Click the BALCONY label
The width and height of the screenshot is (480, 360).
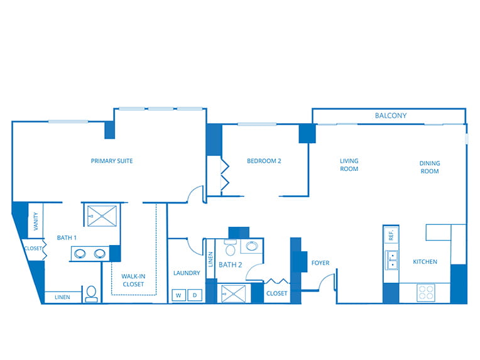tap(391, 116)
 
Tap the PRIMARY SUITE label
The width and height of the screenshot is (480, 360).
tap(112, 161)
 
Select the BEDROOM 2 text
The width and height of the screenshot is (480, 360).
tap(264, 161)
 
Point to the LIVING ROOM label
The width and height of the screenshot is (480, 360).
tap(349, 165)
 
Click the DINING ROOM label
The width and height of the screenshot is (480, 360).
tap(430, 167)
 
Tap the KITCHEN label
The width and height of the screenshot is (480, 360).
tap(425, 262)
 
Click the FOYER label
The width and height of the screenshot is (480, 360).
tap(320, 263)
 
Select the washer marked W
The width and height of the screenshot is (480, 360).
tap(178, 295)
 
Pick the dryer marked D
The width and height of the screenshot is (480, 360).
tap(195, 295)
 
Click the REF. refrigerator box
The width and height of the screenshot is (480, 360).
tap(391, 235)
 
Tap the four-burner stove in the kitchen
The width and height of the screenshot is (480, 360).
tap(426, 292)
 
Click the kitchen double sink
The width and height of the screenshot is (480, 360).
tap(391, 260)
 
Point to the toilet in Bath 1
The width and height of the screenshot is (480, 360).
tap(91, 294)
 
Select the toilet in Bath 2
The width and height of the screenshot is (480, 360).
tap(230, 248)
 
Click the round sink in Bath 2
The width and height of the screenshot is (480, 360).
tap(252, 246)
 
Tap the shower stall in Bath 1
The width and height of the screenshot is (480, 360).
tap(102, 216)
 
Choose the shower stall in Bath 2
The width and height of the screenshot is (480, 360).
tap(233, 294)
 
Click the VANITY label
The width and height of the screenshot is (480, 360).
tap(36, 221)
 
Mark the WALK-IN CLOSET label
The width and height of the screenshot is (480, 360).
tap(133, 280)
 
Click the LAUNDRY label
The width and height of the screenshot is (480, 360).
tap(187, 273)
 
